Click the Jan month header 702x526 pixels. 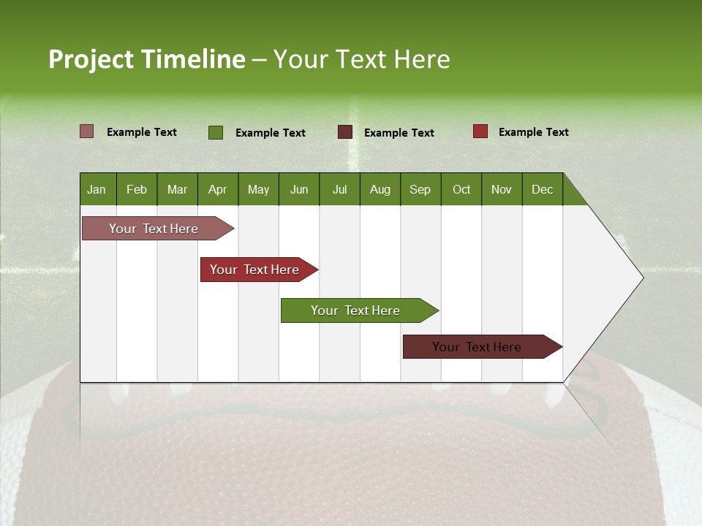point(97,189)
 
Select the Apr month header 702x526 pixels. point(218,189)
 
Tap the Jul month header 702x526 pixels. point(339,189)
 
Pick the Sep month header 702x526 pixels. point(420,189)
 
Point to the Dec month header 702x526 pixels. point(542,189)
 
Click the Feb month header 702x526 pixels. point(137,189)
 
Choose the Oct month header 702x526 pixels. point(461,189)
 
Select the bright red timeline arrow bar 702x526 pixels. point(256,270)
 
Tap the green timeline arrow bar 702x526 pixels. point(357,310)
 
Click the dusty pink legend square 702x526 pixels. point(86,131)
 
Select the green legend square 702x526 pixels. point(216,132)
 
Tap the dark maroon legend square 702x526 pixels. point(345,132)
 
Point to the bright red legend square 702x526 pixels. point(480,131)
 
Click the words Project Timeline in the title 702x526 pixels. point(147,59)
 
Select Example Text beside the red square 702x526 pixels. point(533,132)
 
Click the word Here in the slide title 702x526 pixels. point(422,59)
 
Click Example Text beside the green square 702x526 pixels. point(270,133)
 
